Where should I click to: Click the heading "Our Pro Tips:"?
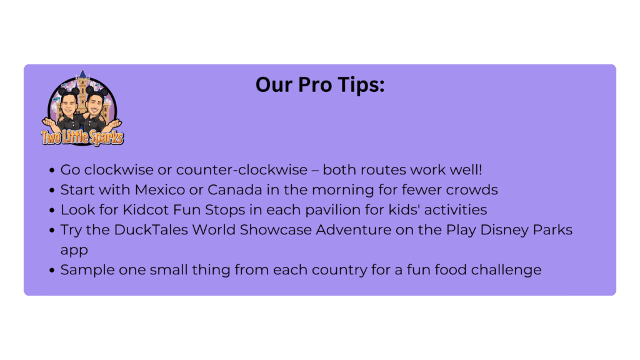click(320, 85)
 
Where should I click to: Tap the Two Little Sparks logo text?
click(82, 137)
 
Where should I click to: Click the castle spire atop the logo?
click(83, 74)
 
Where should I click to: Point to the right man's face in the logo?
click(96, 104)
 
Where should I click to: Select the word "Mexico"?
click(160, 190)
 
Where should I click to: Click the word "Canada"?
click(235, 190)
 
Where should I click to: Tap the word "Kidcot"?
click(146, 210)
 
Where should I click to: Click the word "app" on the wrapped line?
click(74, 251)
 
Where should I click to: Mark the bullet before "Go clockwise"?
click(52, 170)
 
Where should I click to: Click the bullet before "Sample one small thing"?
click(52, 270)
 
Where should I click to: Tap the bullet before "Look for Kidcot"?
click(52, 210)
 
